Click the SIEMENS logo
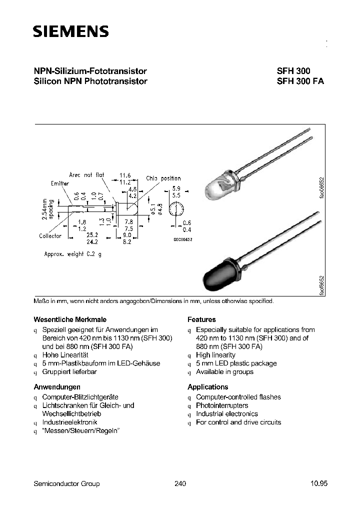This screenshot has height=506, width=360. click(70, 32)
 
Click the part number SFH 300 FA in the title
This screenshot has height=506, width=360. click(300, 81)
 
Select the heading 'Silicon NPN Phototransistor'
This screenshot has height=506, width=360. click(90, 81)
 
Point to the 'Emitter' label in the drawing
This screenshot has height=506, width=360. click(60, 183)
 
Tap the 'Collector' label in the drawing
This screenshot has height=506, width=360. click(50, 236)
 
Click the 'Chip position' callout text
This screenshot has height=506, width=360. click(163, 178)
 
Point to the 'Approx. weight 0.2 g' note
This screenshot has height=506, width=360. click(72, 254)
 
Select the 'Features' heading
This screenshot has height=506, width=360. click(201, 319)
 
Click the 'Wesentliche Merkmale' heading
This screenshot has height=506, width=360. click(70, 319)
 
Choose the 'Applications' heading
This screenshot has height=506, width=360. click(207, 387)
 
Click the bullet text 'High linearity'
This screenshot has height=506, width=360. click(215, 355)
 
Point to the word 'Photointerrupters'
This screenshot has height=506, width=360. click(222, 405)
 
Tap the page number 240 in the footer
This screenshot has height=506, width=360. click(180, 483)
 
